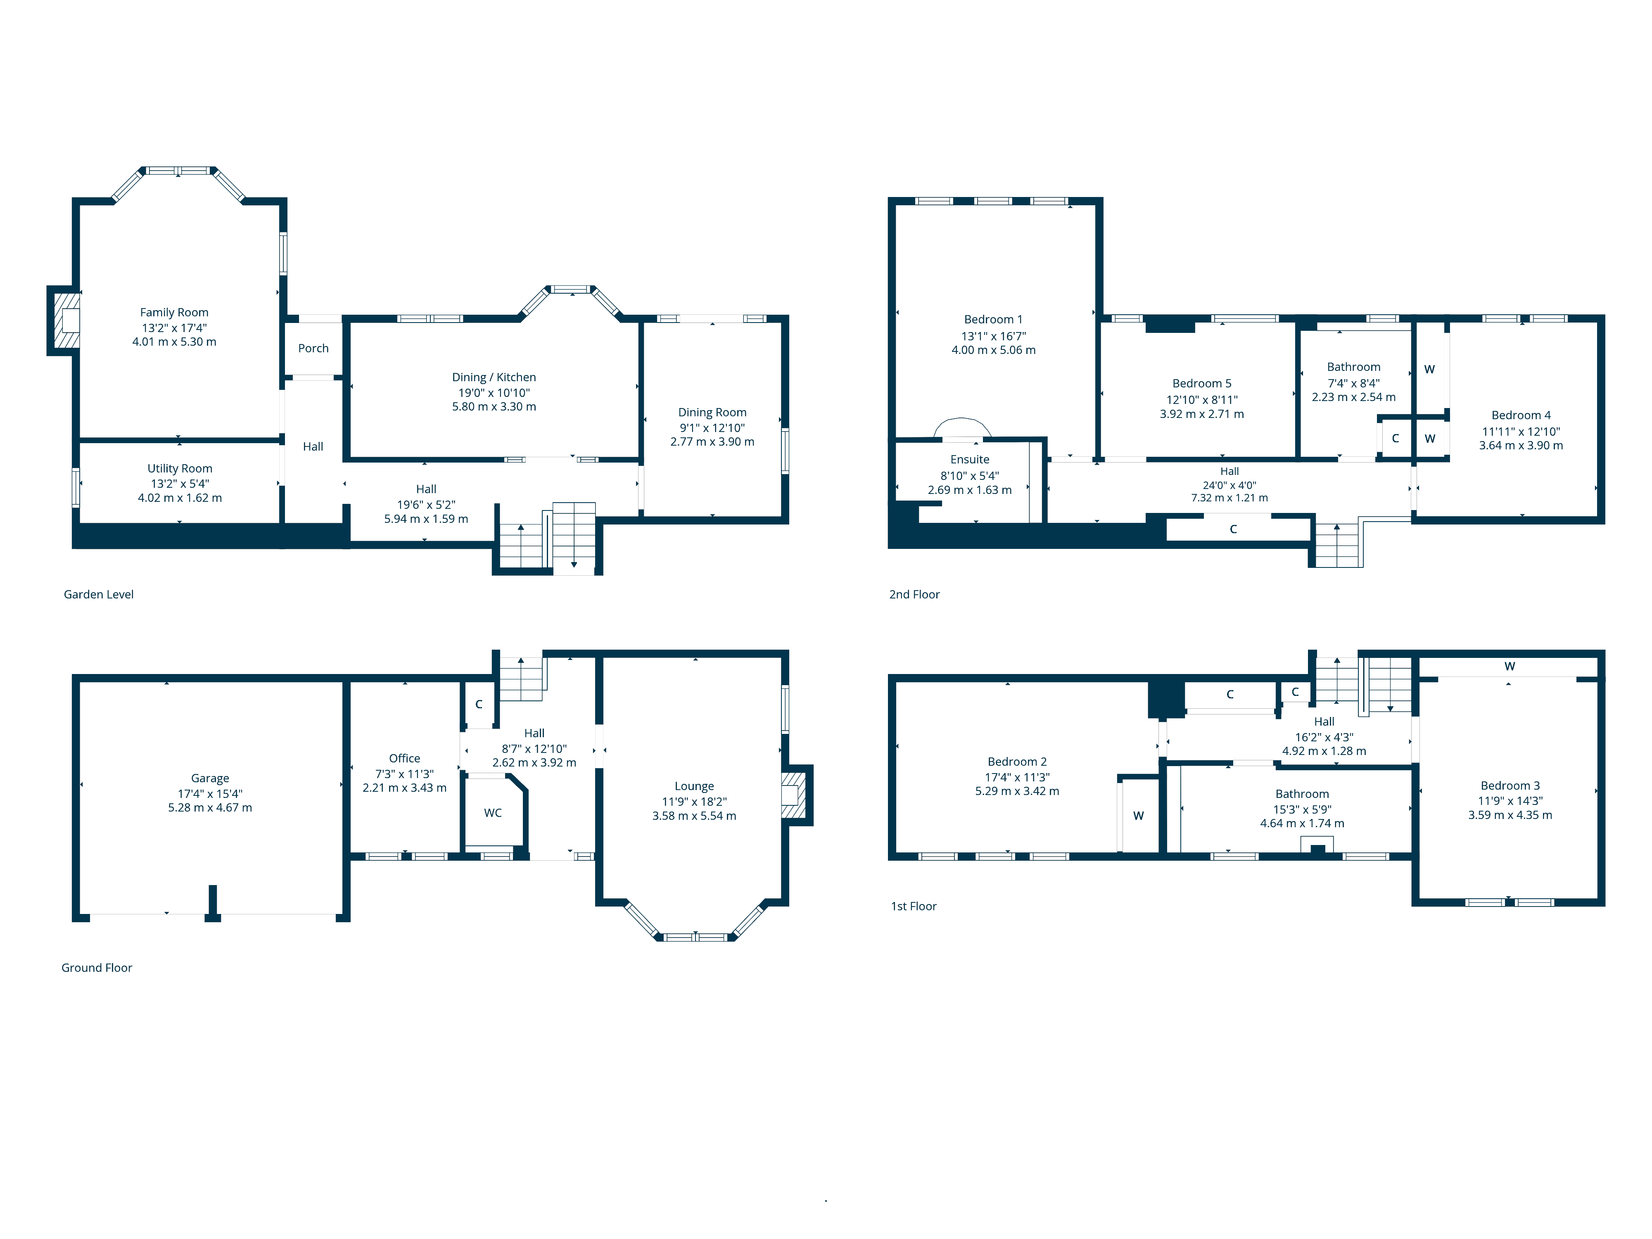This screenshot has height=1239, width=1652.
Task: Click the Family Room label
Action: point(174,312)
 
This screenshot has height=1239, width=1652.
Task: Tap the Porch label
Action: point(313,348)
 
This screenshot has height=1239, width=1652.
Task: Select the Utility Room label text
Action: point(180,468)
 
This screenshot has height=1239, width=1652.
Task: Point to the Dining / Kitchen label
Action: point(494,377)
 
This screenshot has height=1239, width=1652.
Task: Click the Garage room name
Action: point(210,778)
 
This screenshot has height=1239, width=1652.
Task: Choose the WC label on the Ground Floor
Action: point(493,812)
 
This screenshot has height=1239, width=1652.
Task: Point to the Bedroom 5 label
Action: point(1202,383)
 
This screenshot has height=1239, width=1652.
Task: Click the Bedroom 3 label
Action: point(1510,786)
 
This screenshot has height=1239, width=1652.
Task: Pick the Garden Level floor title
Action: point(99,594)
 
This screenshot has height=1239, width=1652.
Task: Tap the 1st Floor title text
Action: point(914,906)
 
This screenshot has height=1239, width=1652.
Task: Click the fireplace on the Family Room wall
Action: point(65,320)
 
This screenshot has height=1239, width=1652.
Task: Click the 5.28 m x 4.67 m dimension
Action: point(210,807)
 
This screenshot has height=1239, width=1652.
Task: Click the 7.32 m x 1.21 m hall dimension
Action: point(1229,497)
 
